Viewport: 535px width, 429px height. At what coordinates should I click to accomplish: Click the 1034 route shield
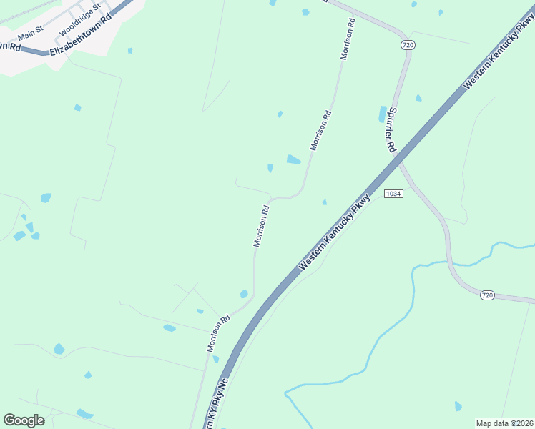[x=393, y=194]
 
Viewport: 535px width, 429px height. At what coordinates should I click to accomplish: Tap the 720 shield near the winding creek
[x=487, y=295]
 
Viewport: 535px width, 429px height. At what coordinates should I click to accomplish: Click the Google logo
[x=24, y=420]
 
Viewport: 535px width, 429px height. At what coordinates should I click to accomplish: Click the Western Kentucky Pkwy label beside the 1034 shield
[x=335, y=232]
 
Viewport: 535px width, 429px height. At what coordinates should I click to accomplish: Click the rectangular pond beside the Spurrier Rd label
[x=383, y=114]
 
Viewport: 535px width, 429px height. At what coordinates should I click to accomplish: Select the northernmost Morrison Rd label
[x=348, y=39]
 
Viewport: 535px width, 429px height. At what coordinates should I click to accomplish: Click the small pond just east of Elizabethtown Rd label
[x=129, y=51]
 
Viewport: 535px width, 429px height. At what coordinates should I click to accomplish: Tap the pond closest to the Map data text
[x=458, y=406]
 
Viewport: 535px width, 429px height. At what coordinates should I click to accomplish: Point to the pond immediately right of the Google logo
[x=84, y=413]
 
